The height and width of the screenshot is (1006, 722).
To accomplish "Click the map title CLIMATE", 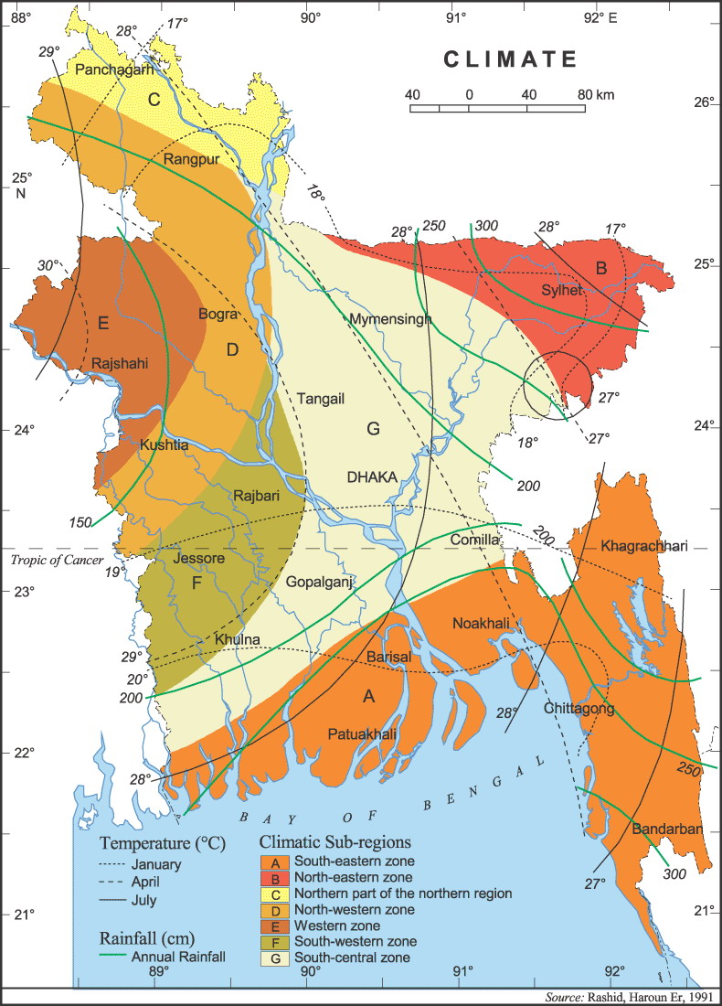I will coord(511,59).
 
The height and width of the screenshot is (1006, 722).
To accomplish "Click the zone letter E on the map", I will coord(102,322).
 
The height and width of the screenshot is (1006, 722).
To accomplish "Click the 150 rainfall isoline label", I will coord(80,522).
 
